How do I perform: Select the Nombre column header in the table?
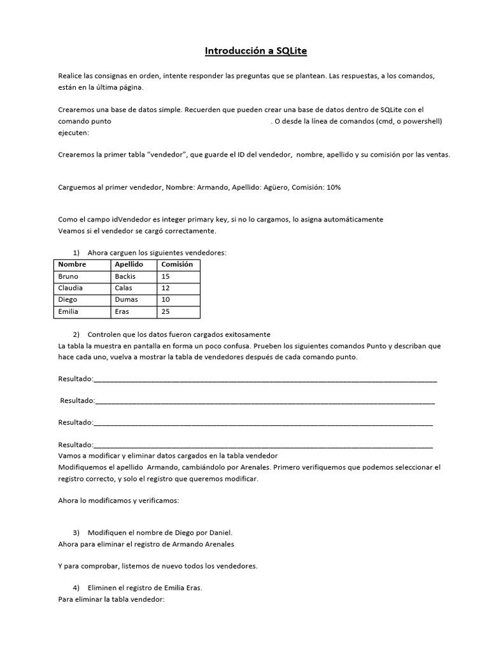(x=72, y=264)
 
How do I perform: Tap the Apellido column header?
(x=129, y=264)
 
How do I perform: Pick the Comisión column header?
(x=177, y=264)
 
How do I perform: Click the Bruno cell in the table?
(x=68, y=276)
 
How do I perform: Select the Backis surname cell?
(x=125, y=276)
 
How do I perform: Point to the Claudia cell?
(x=70, y=288)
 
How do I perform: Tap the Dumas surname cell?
(x=126, y=300)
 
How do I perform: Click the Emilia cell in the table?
(x=68, y=312)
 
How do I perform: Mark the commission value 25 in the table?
(x=166, y=312)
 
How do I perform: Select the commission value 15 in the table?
(x=166, y=276)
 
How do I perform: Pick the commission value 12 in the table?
(x=166, y=288)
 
